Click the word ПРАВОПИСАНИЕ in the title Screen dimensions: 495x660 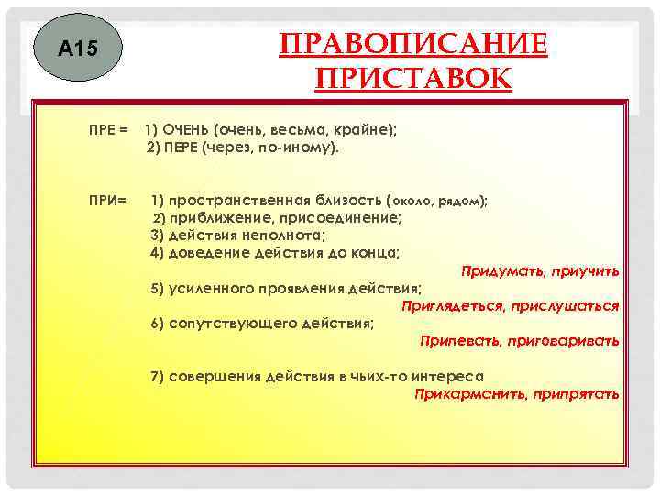coord(413,44)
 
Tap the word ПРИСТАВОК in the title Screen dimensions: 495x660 coord(413,79)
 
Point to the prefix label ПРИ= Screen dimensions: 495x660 coord(107,199)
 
